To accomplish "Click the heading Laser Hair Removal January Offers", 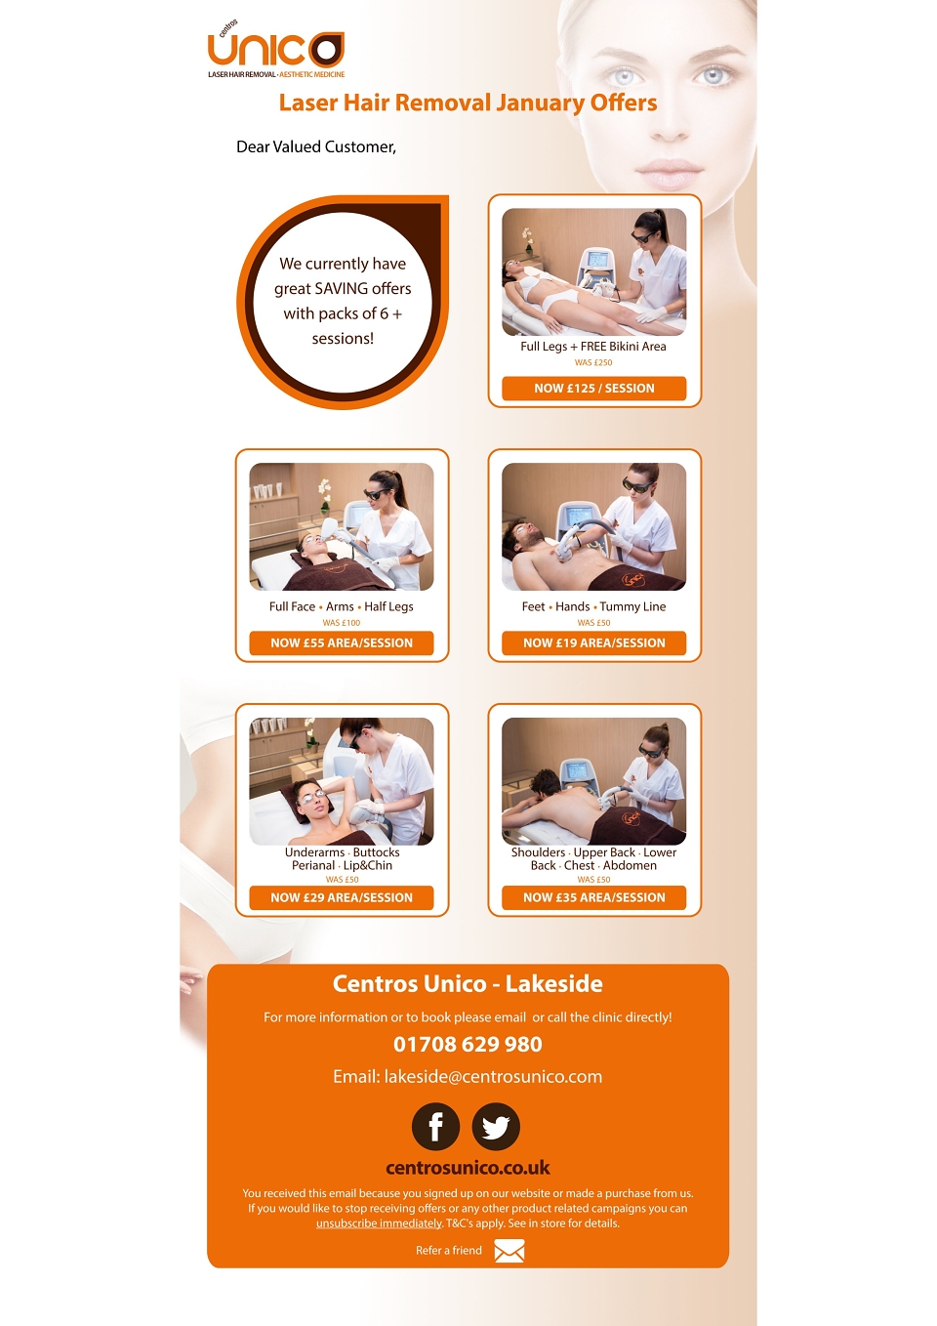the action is (x=468, y=103).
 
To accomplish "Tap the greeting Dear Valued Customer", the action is (x=316, y=146).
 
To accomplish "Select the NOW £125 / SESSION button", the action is (x=593, y=389).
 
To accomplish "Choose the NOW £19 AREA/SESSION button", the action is (x=593, y=642).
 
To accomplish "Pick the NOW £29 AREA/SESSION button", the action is (x=342, y=897).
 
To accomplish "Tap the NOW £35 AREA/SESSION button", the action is (x=593, y=897).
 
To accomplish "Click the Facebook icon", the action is (x=436, y=1127).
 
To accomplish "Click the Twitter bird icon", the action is (x=496, y=1127).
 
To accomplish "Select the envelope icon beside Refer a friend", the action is (x=509, y=1250).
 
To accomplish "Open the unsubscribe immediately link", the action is (x=379, y=1223).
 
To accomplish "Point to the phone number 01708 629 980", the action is (x=468, y=1044).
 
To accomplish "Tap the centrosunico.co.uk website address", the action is (x=468, y=1168).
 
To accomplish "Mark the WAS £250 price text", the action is (x=593, y=362).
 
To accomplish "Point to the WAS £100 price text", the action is (x=342, y=623).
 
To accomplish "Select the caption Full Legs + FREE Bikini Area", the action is (x=593, y=347).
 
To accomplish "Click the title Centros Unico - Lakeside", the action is (x=468, y=984).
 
